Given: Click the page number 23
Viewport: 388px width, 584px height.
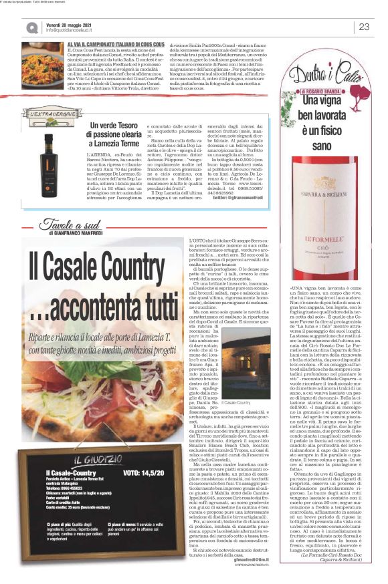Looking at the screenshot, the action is [x=364, y=27].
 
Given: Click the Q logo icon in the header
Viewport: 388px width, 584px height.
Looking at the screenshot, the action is [x=32, y=27].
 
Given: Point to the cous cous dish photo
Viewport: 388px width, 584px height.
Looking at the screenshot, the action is [x=42, y=57].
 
